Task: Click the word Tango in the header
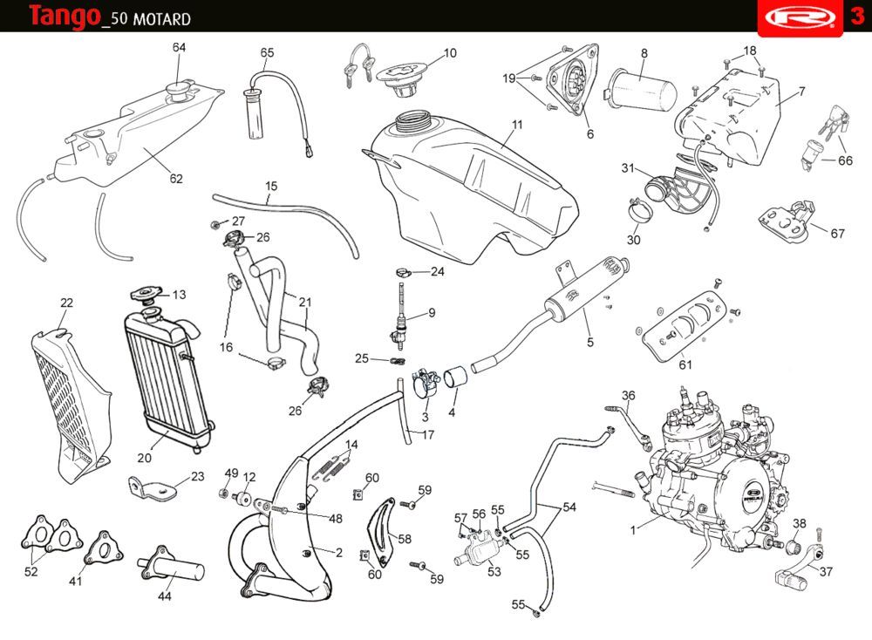pos(63,16)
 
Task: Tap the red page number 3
pos(857,17)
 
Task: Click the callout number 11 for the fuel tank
pos(517,125)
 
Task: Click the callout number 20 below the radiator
pos(145,457)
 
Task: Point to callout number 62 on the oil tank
pos(176,179)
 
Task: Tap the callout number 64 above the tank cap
pos(179,47)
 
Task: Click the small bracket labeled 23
pos(149,485)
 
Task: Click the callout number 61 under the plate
pos(685,364)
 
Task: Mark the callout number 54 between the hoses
pos(569,507)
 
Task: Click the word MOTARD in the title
pos(160,19)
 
